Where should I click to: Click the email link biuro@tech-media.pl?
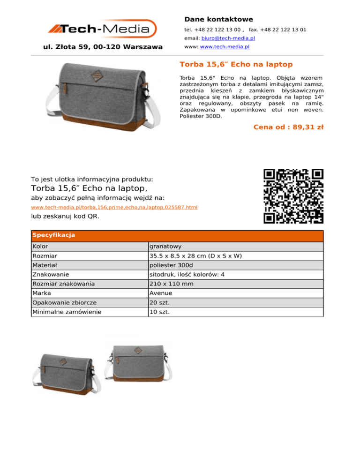pos(228,38)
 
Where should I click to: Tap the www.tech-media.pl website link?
pos(225,47)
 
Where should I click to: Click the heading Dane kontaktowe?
pos(218,19)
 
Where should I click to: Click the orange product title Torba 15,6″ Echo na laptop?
pos(236,64)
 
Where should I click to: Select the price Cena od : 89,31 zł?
pos(288,127)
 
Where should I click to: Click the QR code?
pos(293,196)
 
